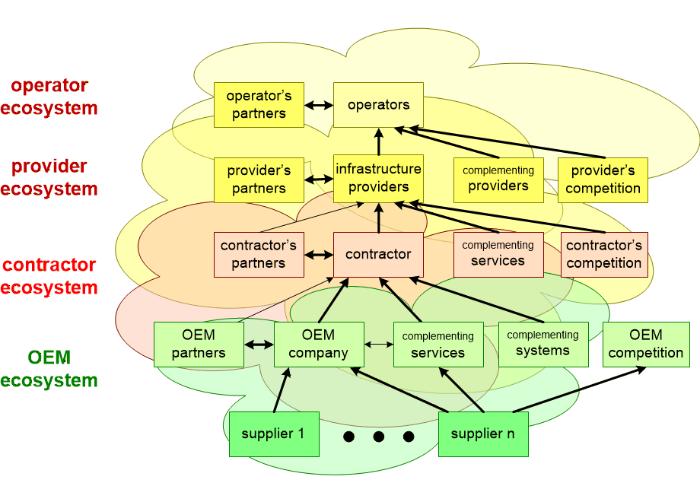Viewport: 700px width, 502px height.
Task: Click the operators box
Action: pos(378,105)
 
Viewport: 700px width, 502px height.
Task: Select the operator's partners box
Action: pos(259,105)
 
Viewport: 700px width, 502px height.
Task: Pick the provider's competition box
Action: pos(603,180)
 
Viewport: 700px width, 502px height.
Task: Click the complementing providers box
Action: pos(498,180)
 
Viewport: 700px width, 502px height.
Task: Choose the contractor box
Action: pos(378,254)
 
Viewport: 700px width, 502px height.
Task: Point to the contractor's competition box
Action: pos(604,254)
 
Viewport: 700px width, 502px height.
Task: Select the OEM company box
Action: pos(318,344)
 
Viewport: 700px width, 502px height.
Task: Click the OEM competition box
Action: pos(646,344)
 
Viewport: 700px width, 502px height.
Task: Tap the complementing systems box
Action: pos(542,344)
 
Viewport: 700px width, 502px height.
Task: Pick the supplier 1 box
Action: pos(274,434)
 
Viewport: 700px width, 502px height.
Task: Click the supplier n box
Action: pos(482,434)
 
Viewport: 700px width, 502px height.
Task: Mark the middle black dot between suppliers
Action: pos(378,437)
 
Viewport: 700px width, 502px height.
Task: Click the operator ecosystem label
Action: pos(49,97)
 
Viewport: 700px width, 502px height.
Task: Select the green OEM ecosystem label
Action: pos(49,369)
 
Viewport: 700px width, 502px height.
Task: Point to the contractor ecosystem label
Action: pos(49,276)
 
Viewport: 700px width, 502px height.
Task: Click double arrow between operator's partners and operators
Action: pos(319,106)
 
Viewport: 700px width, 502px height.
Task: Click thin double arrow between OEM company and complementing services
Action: pos(378,345)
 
